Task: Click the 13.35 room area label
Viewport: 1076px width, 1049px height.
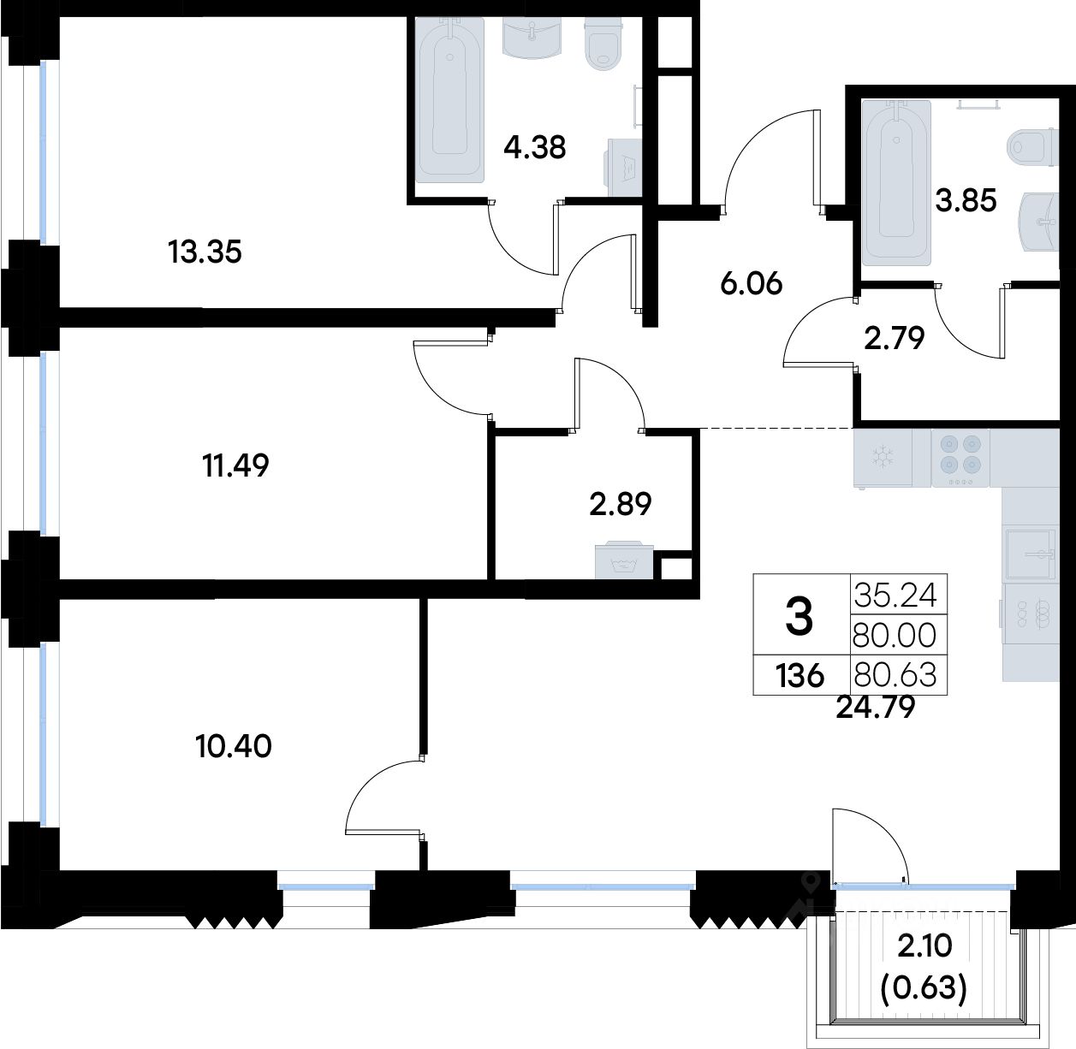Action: pyautogui.click(x=205, y=252)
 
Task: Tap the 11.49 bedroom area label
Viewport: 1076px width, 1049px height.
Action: pyautogui.click(x=235, y=465)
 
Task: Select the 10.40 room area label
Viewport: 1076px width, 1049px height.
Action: pyautogui.click(x=234, y=746)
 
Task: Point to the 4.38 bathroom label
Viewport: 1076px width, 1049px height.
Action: pyautogui.click(x=535, y=147)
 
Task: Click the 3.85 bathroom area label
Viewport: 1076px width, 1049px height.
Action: pyautogui.click(x=966, y=200)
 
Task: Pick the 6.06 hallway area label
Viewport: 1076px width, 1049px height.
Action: pyautogui.click(x=752, y=284)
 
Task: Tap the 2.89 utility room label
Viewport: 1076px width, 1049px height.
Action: pyautogui.click(x=621, y=504)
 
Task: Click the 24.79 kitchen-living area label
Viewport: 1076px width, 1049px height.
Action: pyautogui.click(x=876, y=708)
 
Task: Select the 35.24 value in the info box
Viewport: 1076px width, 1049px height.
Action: pyautogui.click(x=895, y=596)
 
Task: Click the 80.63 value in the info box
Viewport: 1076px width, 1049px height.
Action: pyautogui.click(x=895, y=675)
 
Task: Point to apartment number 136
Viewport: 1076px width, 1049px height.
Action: pyautogui.click(x=800, y=675)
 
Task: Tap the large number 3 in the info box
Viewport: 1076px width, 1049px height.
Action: pyautogui.click(x=800, y=616)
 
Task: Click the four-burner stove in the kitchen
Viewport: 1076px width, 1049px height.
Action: pyautogui.click(x=960, y=458)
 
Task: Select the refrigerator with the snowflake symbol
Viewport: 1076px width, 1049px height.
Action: pyautogui.click(x=883, y=458)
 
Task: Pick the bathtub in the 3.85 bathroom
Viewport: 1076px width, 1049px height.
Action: pyautogui.click(x=896, y=182)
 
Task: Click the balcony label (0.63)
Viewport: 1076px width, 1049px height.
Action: pyautogui.click(x=924, y=987)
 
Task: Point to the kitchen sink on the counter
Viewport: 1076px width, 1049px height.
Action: pyautogui.click(x=1031, y=554)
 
